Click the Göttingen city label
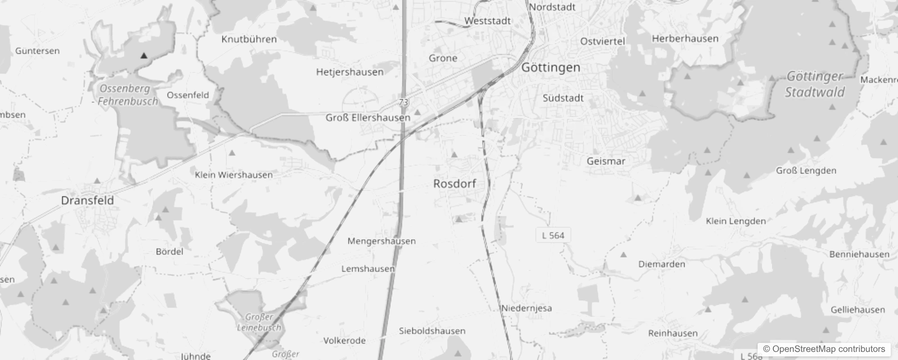point(551,68)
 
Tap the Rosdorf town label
point(454,184)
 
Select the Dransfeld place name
point(87,200)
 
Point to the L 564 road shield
point(553,235)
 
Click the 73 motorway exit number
point(403,102)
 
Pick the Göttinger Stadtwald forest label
point(815,84)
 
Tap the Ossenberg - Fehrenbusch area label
point(126,95)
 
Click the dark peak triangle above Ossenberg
point(144,56)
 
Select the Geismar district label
point(606,161)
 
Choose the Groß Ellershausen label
point(368,118)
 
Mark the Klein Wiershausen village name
point(233,175)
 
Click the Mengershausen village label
point(382,241)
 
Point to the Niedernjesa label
point(526,308)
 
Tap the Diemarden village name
point(661,264)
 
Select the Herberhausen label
point(685,39)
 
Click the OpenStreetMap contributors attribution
point(824,349)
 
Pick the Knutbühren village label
point(249,39)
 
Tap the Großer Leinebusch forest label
point(260,322)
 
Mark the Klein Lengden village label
point(736,221)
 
